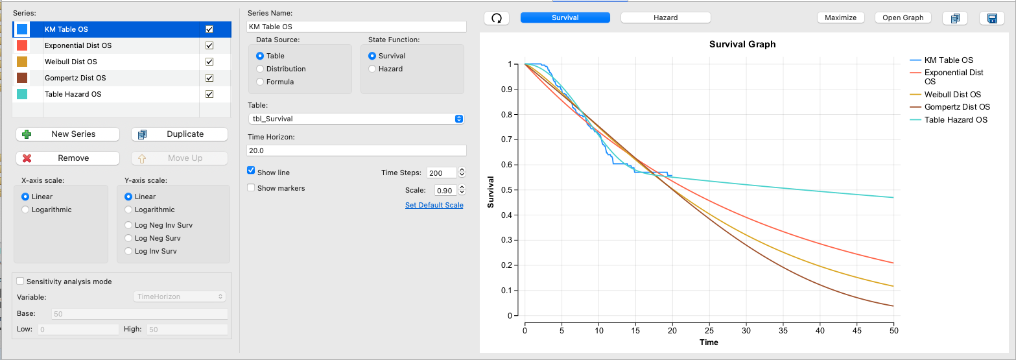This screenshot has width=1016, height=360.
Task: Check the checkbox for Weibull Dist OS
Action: coord(209,62)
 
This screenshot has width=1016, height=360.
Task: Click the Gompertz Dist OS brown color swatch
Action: coord(22,78)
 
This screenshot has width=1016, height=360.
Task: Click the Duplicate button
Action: coord(180,134)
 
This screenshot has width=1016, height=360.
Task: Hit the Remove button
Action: coord(67,158)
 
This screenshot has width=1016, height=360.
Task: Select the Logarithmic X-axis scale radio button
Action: coord(25,210)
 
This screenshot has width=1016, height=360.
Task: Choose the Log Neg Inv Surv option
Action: coord(128,225)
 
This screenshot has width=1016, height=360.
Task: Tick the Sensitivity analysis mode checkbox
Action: coord(20,281)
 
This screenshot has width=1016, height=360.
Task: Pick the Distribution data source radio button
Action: coord(260,69)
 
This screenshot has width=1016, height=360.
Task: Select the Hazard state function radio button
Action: coord(372,69)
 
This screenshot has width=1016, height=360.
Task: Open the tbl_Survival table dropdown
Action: coord(356,119)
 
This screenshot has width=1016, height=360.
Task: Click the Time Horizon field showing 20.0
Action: coord(357,150)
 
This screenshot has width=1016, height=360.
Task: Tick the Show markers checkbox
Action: coord(251,187)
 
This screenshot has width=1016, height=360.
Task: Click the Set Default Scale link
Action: coord(434,205)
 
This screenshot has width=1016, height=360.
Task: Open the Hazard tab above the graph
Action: coord(665,18)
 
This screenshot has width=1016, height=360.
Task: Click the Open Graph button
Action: coord(903,18)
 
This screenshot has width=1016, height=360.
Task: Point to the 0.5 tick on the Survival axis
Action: coord(506,190)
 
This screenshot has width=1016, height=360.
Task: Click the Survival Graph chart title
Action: coord(742,45)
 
